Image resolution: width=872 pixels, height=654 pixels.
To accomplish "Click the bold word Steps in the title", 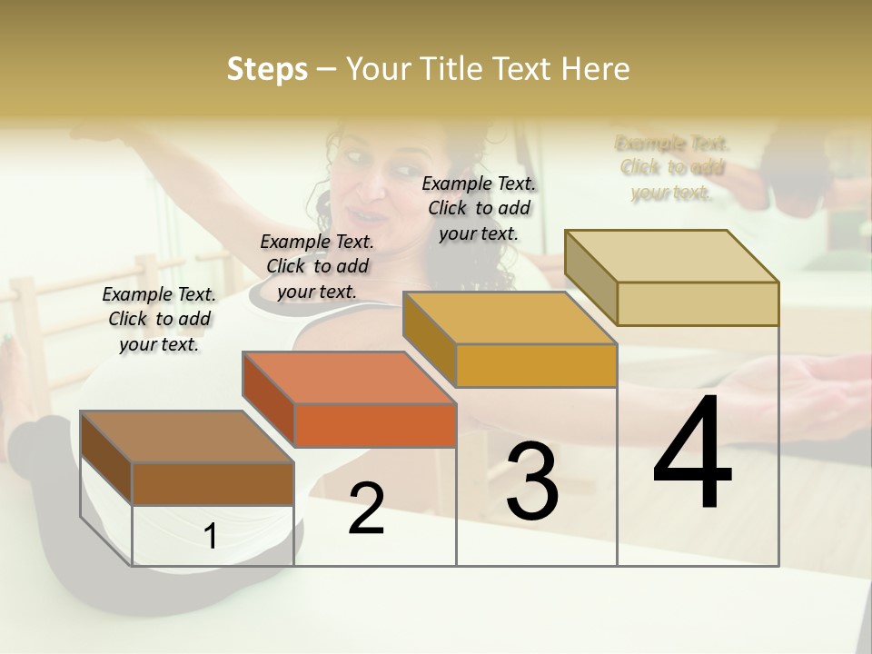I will [267, 69].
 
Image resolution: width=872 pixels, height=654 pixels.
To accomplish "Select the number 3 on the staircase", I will [531, 481].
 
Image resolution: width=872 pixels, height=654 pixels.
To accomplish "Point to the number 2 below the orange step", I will [366, 509].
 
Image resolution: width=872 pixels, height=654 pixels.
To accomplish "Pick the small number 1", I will [211, 537].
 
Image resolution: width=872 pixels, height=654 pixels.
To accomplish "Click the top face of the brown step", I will [186, 437].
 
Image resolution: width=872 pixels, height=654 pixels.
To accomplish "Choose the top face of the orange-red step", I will [349, 378].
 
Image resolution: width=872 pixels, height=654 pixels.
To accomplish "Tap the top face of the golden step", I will [510, 318].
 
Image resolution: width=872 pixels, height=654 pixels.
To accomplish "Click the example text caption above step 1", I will [159, 319].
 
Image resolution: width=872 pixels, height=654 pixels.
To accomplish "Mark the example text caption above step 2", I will [317, 266].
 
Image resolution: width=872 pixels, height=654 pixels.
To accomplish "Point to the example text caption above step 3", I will [479, 208].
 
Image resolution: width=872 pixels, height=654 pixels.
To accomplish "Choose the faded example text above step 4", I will [672, 167].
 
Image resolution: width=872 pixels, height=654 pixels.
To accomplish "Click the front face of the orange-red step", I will [375, 425].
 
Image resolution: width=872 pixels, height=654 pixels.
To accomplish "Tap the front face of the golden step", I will [536, 366].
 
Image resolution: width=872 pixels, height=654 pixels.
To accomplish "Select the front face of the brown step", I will [213, 483].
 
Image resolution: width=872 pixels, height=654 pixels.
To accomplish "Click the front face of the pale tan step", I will [697, 303].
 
